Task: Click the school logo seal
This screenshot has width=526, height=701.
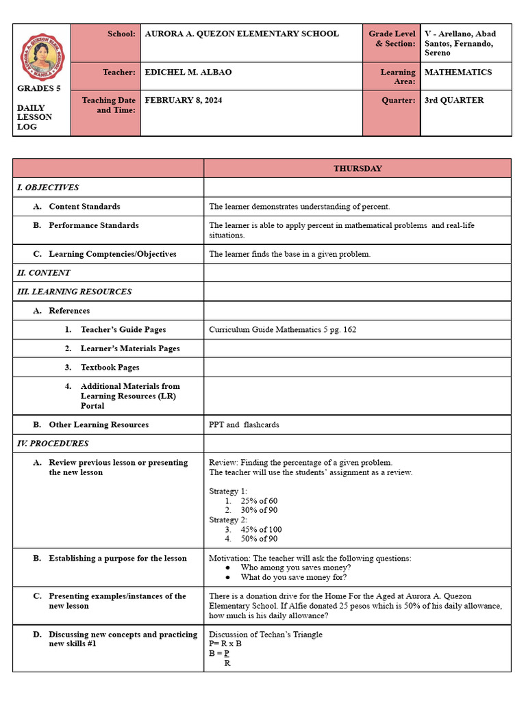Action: click(42, 58)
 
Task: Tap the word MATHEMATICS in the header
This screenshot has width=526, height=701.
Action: click(458, 72)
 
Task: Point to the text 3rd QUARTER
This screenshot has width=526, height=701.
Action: click(454, 100)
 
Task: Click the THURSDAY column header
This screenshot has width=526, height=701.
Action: click(358, 168)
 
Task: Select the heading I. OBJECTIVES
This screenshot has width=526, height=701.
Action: click(48, 188)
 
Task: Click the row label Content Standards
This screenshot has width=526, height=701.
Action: click(84, 207)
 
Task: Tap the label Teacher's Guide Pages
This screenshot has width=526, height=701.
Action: click(123, 330)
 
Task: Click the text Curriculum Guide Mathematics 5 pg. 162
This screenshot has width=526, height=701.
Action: click(282, 330)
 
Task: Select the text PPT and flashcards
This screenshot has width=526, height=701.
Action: click(244, 425)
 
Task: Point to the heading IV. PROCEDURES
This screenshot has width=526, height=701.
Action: click(53, 444)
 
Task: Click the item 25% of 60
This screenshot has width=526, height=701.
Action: click(259, 501)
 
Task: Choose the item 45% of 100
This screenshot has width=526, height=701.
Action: click(261, 530)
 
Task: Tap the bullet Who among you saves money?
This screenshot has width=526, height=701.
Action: click(296, 568)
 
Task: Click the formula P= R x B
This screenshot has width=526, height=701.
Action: click(225, 644)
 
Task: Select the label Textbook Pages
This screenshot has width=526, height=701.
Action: click(110, 368)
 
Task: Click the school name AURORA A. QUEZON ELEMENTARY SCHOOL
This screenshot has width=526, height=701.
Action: click(242, 34)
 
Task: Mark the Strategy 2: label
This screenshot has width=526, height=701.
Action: click(228, 520)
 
